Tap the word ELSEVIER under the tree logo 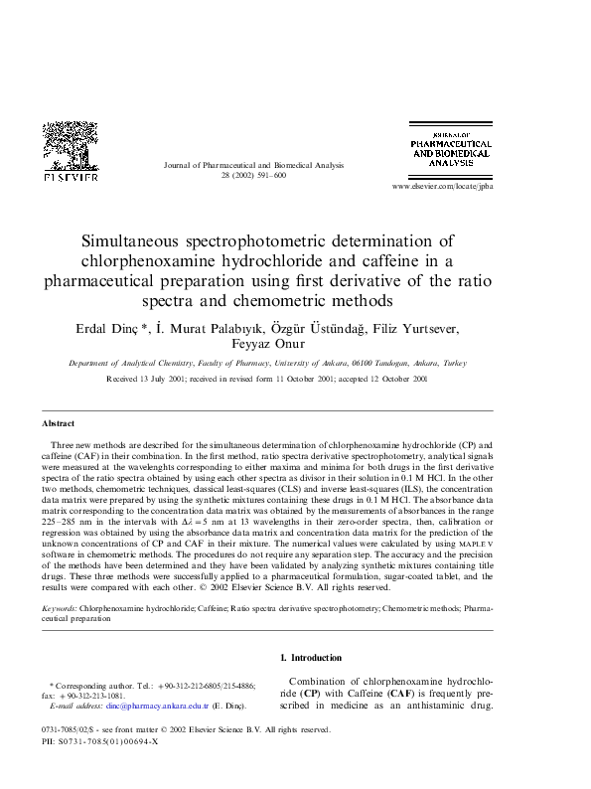coord(70,178)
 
